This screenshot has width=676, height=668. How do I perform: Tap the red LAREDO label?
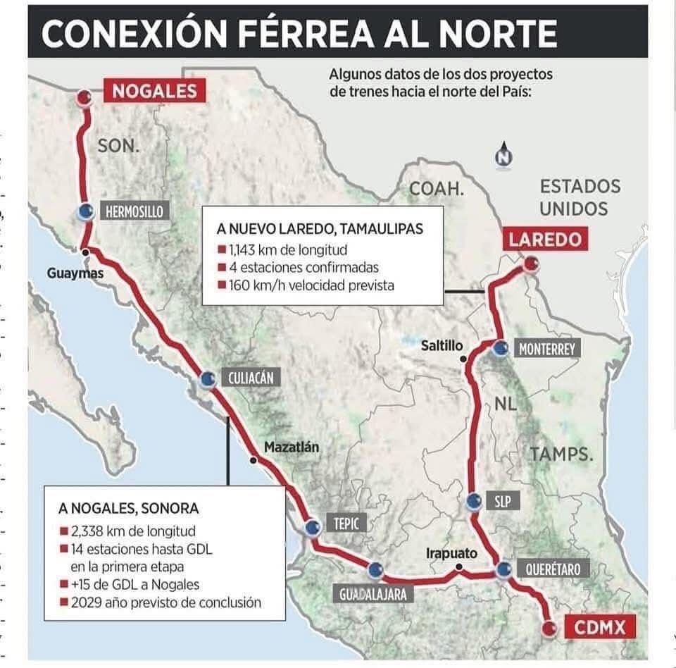[546, 240]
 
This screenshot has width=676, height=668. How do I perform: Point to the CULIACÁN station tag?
[250, 378]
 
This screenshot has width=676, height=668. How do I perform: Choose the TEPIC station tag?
[346, 524]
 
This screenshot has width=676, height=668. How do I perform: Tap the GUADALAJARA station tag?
[373, 594]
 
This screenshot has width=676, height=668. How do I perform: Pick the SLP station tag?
[502, 502]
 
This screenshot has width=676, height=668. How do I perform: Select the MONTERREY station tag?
[546, 349]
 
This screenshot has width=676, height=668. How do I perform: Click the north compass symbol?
[503, 156]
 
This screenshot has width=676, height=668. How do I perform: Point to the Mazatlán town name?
[292, 446]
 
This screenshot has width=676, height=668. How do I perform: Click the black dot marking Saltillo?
[464, 359]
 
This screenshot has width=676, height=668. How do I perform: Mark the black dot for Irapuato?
[458, 567]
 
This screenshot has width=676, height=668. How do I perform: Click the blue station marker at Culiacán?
[207, 379]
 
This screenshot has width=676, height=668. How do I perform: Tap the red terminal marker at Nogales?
[84, 98]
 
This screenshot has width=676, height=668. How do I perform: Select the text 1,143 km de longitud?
[288, 249]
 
